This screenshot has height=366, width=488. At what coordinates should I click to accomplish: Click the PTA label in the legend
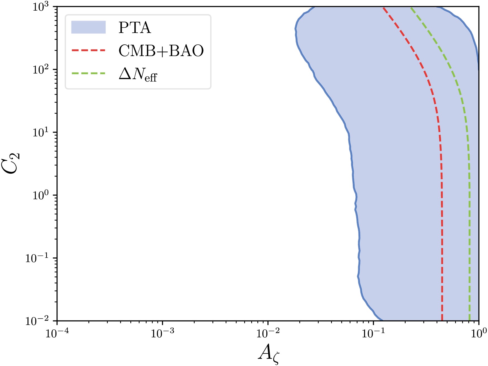pyautogui.click(x=135, y=28)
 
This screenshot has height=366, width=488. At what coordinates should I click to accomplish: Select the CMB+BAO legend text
pyautogui.click(x=161, y=51)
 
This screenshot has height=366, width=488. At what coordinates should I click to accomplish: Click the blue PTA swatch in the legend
pyautogui.click(x=88, y=27)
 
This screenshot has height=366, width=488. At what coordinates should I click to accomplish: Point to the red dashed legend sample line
pyautogui.click(x=88, y=51)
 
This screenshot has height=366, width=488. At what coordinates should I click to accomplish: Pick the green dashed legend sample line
pyautogui.click(x=88, y=73)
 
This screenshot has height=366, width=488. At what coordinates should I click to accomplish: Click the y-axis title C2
pyautogui.click(x=13, y=163)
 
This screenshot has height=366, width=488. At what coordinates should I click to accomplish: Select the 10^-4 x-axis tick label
pyautogui.click(x=57, y=333)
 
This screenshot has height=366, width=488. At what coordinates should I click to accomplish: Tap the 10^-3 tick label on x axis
pyautogui.click(x=162, y=333)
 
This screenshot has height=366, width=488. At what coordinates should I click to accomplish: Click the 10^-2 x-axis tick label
pyautogui.click(x=268, y=333)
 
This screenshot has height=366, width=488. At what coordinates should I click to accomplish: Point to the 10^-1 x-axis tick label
pyautogui.click(x=373, y=333)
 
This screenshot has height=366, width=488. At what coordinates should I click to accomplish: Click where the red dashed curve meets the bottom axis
pyautogui.click(x=442, y=320)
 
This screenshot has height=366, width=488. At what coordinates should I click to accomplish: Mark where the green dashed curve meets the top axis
pyautogui.click(x=411, y=7)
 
